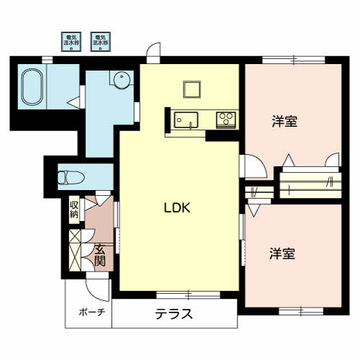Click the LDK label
tap(176, 208)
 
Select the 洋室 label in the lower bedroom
tap(283, 253)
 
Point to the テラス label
tap(174, 314)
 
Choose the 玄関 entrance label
tap(99, 255)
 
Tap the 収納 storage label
tap(74, 210)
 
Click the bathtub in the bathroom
tap(32, 88)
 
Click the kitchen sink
tap(186, 120)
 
